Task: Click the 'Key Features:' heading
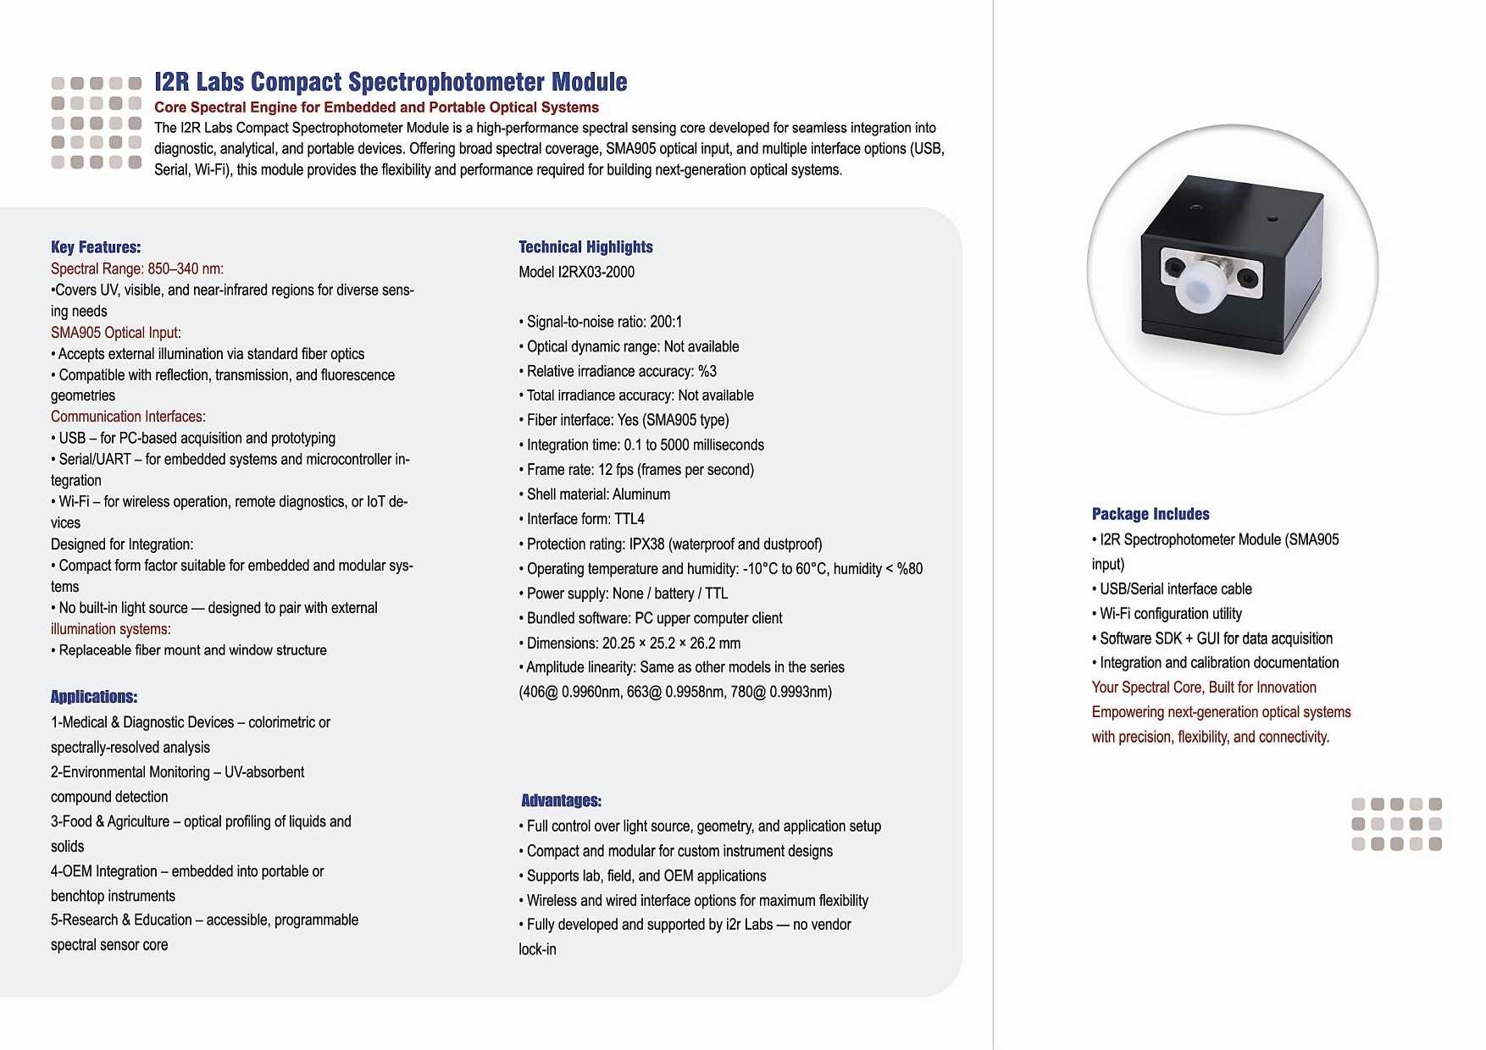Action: click(x=96, y=247)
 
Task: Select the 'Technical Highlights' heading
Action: click(x=585, y=247)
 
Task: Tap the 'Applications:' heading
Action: click(x=94, y=697)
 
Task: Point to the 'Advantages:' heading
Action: click(x=561, y=801)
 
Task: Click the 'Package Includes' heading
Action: click(x=1151, y=514)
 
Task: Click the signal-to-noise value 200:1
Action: click(x=666, y=322)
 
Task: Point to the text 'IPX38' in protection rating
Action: click(x=646, y=544)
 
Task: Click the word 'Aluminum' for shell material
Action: click(x=640, y=495)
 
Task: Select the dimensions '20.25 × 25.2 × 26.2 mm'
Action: click(x=671, y=643)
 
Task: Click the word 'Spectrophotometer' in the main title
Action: click(x=446, y=82)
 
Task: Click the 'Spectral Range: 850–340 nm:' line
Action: click(x=137, y=269)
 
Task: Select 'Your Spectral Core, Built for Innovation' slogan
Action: click(x=1204, y=688)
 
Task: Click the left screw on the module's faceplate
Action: click(x=1173, y=268)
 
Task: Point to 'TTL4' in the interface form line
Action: click(x=629, y=519)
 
